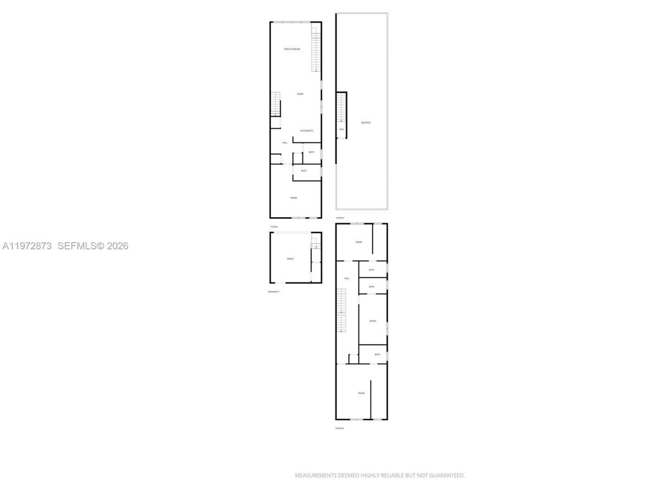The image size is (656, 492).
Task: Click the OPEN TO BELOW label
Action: (292, 49)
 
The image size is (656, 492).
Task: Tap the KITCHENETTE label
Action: (306, 131)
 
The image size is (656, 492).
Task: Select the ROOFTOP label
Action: (365, 122)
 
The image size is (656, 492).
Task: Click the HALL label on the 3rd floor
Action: (341, 130)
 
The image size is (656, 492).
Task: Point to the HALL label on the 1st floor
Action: (284, 143)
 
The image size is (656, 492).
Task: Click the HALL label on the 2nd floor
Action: (346, 278)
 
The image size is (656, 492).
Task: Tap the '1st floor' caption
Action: (274, 227)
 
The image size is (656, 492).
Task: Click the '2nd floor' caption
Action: (339, 428)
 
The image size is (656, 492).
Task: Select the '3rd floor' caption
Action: (340, 218)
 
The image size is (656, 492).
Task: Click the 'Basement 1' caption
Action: (274, 292)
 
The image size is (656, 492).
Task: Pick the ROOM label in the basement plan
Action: (290, 259)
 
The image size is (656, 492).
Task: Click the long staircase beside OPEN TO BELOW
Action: (316, 50)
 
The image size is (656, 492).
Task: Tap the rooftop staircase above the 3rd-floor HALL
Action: (341, 108)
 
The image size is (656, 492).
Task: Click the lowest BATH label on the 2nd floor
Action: (377, 355)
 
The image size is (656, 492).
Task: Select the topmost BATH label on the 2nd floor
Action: (371, 270)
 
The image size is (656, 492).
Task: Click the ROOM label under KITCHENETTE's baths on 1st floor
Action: (294, 198)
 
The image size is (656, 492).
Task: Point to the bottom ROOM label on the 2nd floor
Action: (361, 393)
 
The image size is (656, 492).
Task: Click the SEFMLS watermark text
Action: (93, 246)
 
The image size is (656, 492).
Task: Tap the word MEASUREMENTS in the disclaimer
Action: (315, 476)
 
